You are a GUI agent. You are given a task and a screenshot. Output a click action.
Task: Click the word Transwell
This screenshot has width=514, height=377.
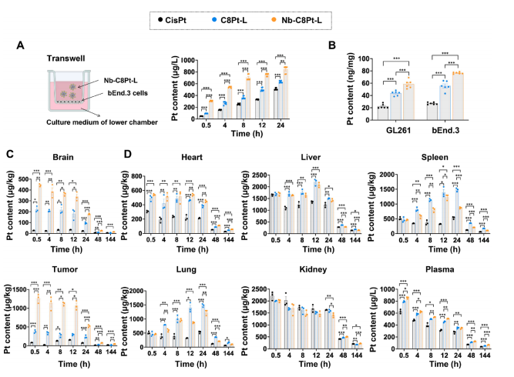[47, 57]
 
